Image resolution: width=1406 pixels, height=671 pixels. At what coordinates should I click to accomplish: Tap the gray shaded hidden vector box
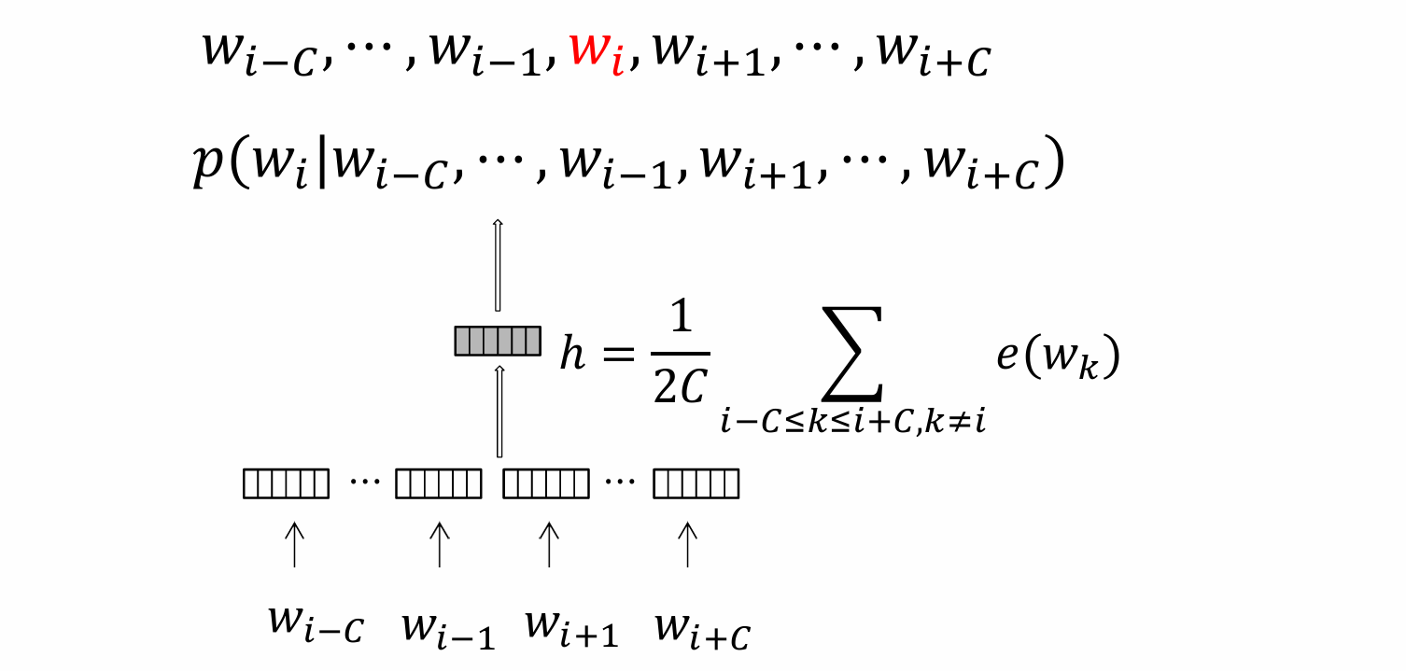tap(498, 341)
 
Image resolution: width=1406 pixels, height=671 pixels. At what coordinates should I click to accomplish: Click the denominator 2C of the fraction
tap(680, 388)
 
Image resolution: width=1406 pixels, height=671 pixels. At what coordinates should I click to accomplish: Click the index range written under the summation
tap(853, 423)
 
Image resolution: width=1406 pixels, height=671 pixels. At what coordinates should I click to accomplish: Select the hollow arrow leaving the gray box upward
tap(498, 265)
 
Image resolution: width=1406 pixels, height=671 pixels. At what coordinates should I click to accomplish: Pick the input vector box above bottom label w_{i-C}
tap(286, 483)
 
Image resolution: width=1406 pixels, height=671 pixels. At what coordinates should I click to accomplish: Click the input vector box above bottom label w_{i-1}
tap(439, 483)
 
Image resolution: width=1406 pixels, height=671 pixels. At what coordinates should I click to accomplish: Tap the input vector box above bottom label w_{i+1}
tap(546, 483)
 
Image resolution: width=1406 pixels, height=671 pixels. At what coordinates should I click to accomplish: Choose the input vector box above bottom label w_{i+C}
tap(696, 483)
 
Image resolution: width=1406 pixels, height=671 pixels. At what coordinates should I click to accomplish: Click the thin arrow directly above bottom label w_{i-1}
tap(439, 544)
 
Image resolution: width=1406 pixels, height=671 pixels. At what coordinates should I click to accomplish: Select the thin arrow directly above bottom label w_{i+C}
tap(688, 544)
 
